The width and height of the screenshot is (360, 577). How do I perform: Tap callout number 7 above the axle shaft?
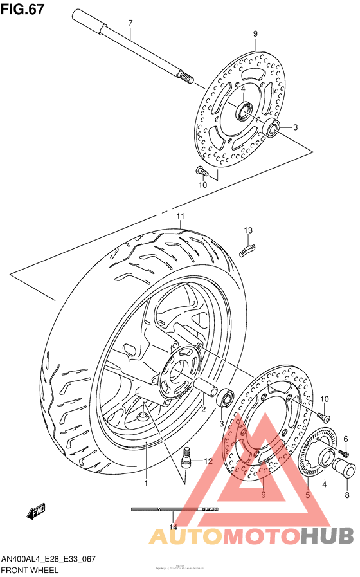[130, 24]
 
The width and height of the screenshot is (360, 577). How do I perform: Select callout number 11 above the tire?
[181, 216]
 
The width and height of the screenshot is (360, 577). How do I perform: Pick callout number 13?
[248, 230]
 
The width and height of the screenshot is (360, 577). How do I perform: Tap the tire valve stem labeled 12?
[188, 455]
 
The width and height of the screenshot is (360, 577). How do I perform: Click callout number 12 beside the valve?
[208, 461]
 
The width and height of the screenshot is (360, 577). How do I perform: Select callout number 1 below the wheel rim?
[146, 482]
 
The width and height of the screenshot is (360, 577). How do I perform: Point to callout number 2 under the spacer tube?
[203, 409]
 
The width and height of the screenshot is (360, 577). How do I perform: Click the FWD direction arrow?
[35, 511]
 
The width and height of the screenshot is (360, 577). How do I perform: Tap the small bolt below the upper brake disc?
[201, 171]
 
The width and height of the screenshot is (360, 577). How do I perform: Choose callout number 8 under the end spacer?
[347, 495]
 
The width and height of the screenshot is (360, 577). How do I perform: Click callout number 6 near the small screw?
[345, 439]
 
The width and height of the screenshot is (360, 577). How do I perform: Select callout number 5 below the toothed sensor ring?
[307, 495]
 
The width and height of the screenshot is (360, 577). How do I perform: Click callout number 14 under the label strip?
[173, 527]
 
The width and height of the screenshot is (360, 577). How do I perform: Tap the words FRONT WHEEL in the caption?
[30, 570]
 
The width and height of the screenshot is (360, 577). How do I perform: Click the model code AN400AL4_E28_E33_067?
[49, 559]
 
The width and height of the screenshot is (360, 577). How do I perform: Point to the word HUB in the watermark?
[327, 535]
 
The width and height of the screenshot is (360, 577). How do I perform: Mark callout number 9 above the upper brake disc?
[255, 33]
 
